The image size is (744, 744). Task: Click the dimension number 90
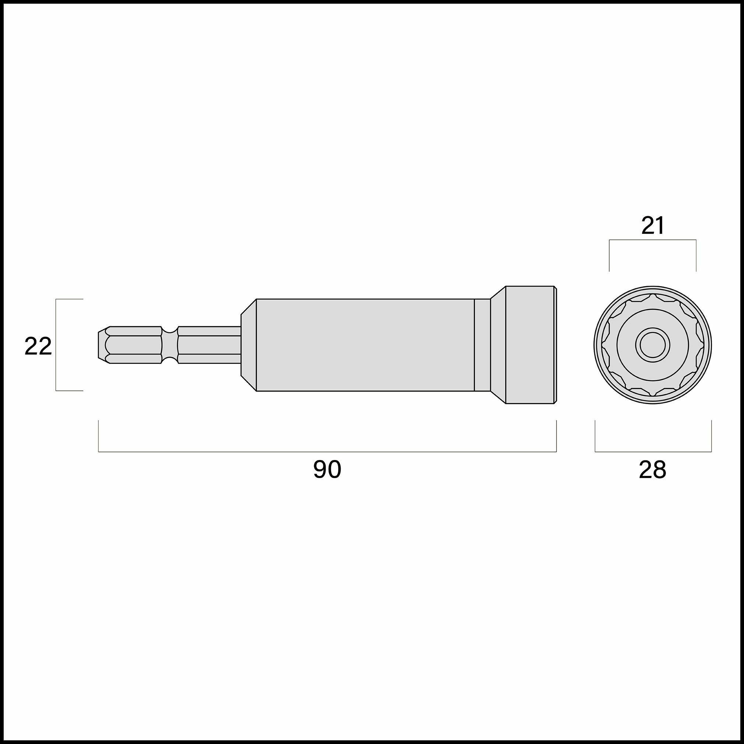tap(327, 470)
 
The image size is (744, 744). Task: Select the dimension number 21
tap(653, 226)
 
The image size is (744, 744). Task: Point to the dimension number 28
tap(653, 470)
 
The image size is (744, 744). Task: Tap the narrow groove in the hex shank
tap(169, 345)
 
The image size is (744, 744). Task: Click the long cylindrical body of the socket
tap(365, 345)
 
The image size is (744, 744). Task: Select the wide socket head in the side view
tap(530, 345)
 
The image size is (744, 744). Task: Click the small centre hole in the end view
tap(653, 345)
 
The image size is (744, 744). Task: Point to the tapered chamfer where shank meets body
tap(248, 345)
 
